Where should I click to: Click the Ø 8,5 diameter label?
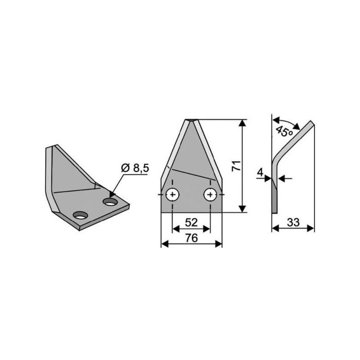click(x=135, y=168)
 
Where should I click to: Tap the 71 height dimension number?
click(x=237, y=166)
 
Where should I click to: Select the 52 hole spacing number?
click(x=191, y=222)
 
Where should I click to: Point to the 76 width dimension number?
click(x=192, y=238)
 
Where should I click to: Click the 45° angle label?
click(x=284, y=131)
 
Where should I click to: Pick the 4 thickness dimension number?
click(x=260, y=172)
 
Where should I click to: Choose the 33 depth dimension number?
click(x=293, y=222)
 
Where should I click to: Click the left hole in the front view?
click(x=172, y=195)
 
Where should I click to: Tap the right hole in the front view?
click(x=210, y=195)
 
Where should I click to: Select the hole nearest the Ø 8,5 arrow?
click(x=110, y=202)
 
